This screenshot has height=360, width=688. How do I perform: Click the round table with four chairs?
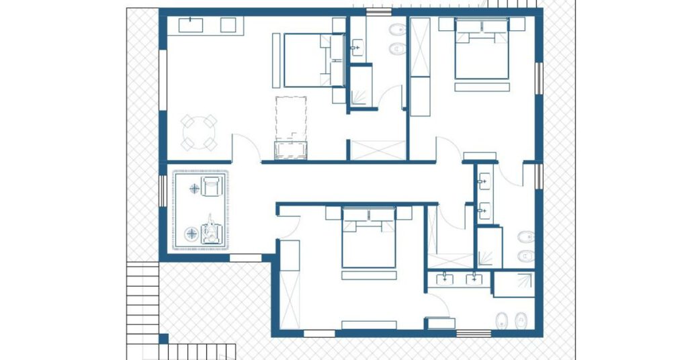click(x=199, y=132)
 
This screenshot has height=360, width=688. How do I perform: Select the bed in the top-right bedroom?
click(x=482, y=52)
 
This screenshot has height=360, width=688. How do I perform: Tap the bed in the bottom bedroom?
click(x=368, y=238)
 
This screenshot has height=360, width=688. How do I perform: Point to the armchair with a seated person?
click(x=212, y=230)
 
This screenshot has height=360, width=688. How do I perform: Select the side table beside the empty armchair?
click(x=195, y=189)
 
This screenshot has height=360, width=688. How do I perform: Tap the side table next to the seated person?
click(x=192, y=233)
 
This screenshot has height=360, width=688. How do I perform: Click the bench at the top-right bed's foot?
click(x=482, y=87)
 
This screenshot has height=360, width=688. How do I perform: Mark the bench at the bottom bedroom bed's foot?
click(x=368, y=275)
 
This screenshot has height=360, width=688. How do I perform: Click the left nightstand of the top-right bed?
click(x=447, y=24)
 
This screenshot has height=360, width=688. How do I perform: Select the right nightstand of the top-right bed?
click(x=516, y=24)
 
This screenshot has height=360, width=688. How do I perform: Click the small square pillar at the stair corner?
click(x=163, y=338)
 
